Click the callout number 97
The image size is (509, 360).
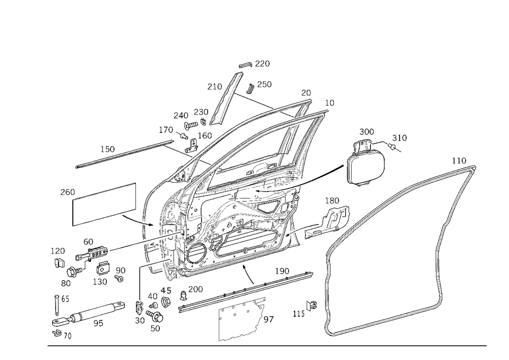pyautogui.click(x=270, y=319)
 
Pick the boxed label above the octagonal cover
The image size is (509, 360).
pyautogui.click(x=366, y=132)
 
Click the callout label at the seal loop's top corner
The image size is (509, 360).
pyautogui.click(x=460, y=161)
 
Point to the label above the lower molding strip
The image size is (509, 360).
pyautogui.click(x=281, y=271)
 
